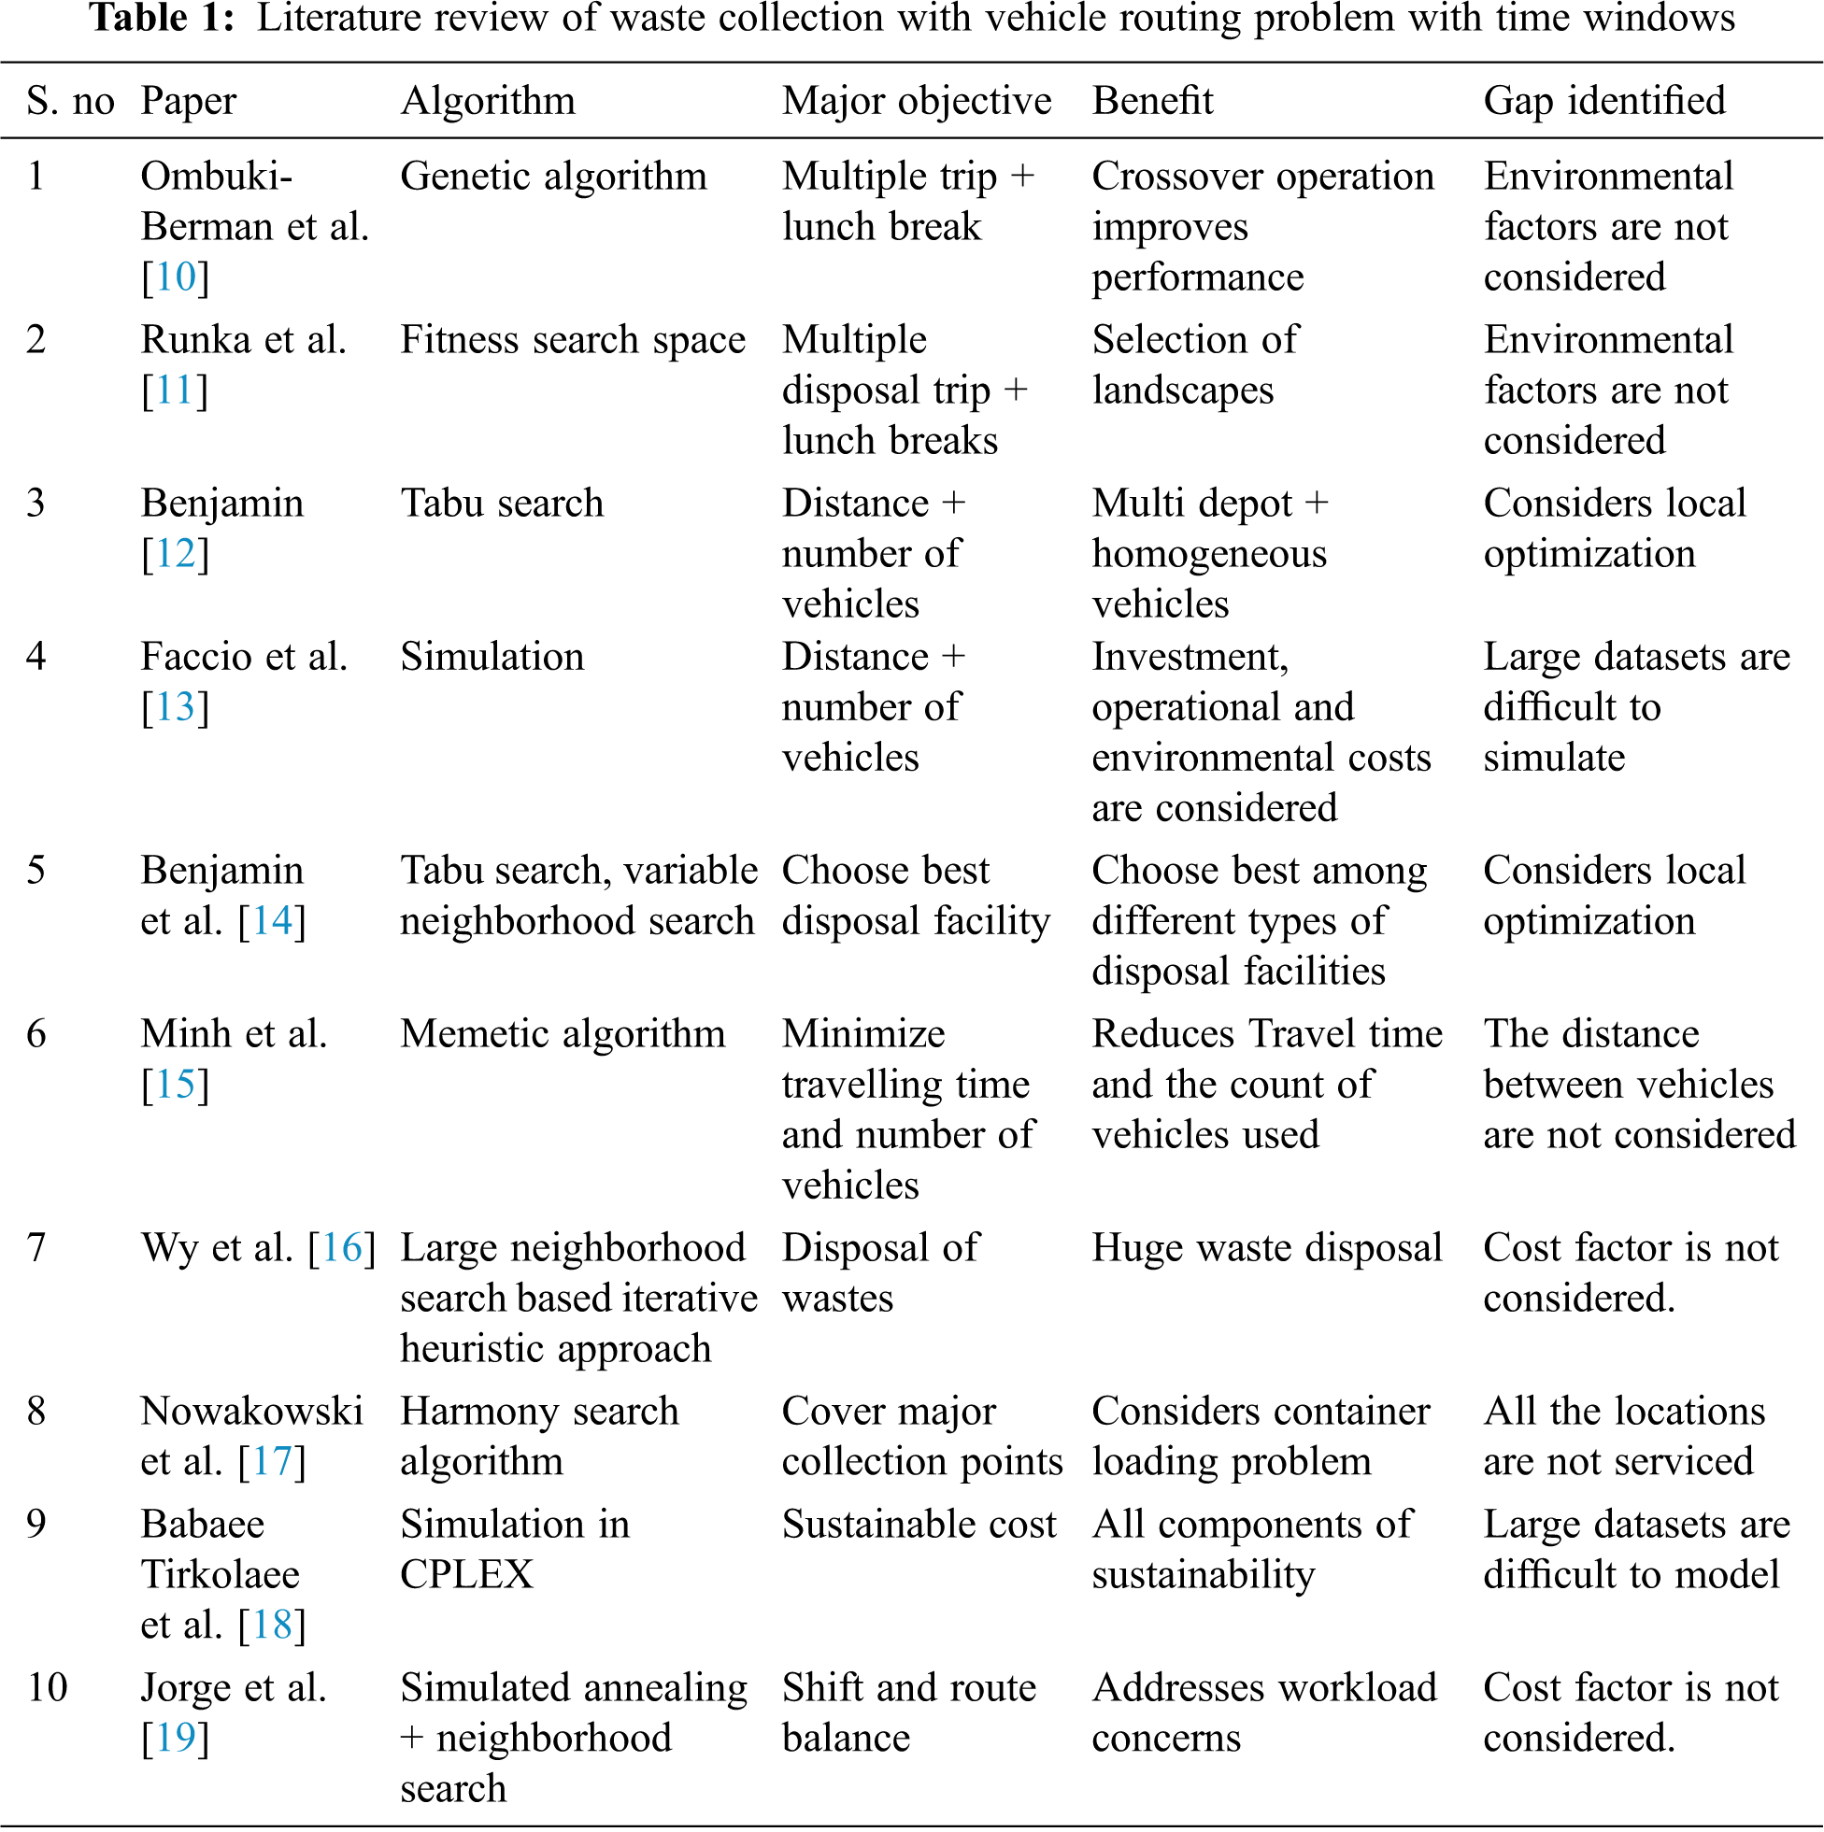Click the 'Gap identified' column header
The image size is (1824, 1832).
click(x=1604, y=101)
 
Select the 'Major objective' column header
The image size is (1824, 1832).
click(x=917, y=101)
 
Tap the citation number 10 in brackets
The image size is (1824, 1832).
click(x=176, y=277)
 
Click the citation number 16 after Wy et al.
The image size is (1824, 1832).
click(x=342, y=1248)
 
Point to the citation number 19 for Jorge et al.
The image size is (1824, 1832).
click(x=176, y=1739)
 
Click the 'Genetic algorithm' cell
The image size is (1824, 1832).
click(x=553, y=177)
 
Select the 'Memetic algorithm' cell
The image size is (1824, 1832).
click(x=563, y=1033)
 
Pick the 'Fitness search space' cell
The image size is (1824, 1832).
click(x=573, y=339)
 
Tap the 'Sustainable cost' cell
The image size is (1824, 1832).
click(x=919, y=1525)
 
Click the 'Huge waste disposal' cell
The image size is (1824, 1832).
click(x=1266, y=1248)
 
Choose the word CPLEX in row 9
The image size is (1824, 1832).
click(x=466, y=1575)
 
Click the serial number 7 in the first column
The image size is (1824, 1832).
click(x=36, y=1248)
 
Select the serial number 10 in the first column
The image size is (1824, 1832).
click(x=47, y=1688)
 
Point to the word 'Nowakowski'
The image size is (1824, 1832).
click(x=251, y=1412)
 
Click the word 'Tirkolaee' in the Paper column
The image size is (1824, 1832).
click(x=220, y=1575)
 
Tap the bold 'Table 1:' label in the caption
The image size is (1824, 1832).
click(x=162, y=19)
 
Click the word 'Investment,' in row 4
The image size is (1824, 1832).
click(x=1190, y=657)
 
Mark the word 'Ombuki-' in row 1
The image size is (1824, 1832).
click(x=217, y=177)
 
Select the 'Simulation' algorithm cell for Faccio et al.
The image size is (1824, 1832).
click(x=492, y=657)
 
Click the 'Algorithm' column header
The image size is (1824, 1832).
click(x=488, y=101)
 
